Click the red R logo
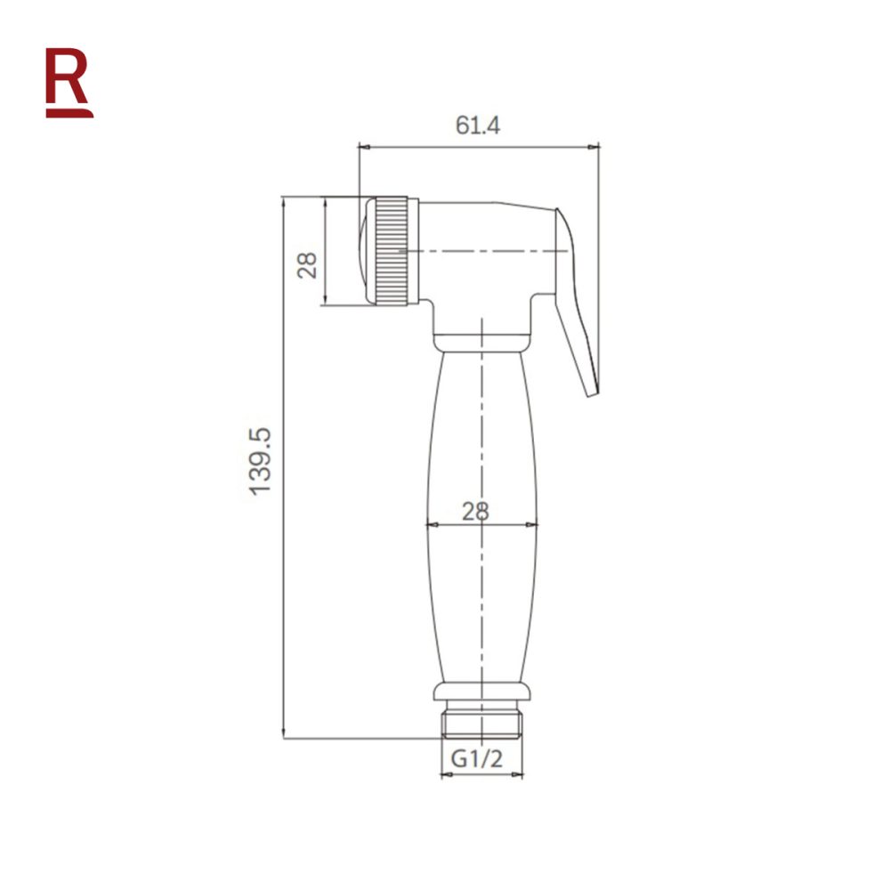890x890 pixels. (x=69, y=78)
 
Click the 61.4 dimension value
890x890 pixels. (x=478, y=125)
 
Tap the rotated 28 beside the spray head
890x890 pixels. (x=308, y=264)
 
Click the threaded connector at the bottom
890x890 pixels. (x=481, y=724)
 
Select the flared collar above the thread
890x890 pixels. (x=481, y=692)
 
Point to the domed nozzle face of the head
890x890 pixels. (x=364, y=252)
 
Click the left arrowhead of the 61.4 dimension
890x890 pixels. (x=363, y=144)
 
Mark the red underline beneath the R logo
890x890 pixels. (x=69, y=113)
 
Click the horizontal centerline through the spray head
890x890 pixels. (x=481, y=252)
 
